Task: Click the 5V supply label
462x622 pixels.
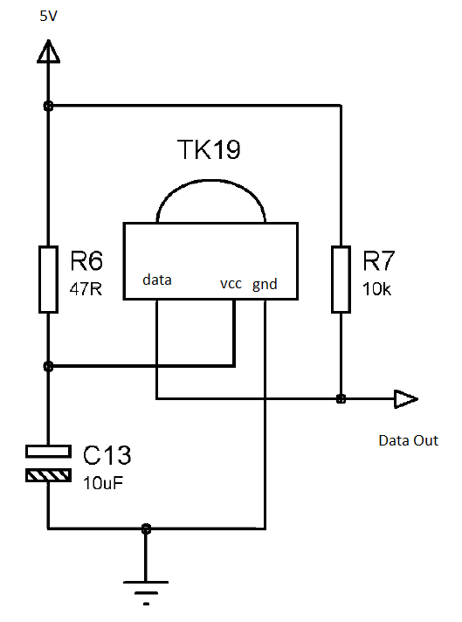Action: [48, 16]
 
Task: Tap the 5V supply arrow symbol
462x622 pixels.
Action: [48, 52]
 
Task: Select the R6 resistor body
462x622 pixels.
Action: [48, 280]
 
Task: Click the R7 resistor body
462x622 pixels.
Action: [341, 280]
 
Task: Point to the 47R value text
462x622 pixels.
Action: [86, 289]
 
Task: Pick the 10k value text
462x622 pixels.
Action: [376, 289]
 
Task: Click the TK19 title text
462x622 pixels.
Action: [209, 149]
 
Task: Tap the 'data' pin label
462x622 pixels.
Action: [157, 280]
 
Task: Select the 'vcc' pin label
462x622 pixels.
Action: [231, 284]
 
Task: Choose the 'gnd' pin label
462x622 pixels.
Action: [265, 285]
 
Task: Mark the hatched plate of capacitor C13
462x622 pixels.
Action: [48, 475]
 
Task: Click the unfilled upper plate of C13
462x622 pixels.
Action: [48, 452]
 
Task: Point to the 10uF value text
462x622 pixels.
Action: [103, 483]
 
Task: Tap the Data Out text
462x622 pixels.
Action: [409, 440]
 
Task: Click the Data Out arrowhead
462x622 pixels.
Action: [406, 399]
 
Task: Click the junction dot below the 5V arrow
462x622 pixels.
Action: [48, 106]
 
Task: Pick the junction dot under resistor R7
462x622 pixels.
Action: [341, 399]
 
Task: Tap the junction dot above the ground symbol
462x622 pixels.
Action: [146, 529]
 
